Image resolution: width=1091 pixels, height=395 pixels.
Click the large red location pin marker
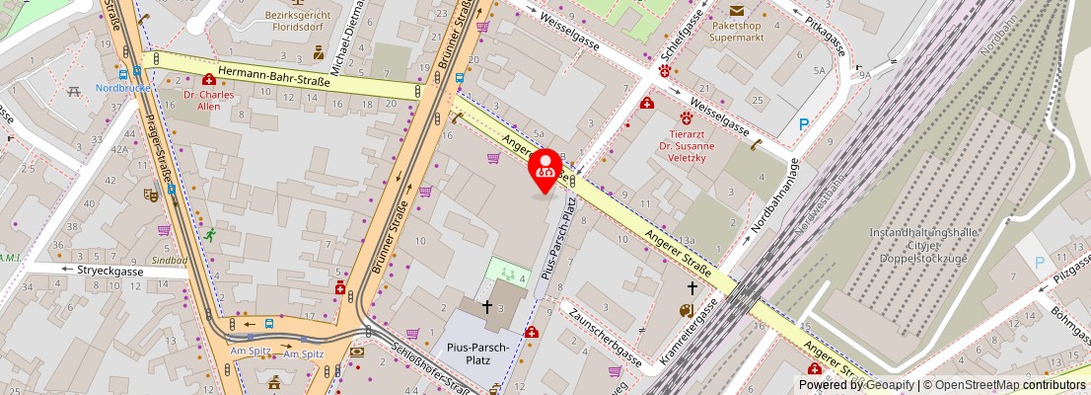[x=545, y=168]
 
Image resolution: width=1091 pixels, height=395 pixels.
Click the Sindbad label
[x=170, y=260]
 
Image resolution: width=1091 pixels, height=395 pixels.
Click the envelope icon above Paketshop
[x=738, y=11]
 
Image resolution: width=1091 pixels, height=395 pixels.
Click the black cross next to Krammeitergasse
[x=692, y=288]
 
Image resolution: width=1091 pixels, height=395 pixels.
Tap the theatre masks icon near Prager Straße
[x=151, y=196]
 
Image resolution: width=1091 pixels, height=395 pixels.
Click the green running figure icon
[x=210, y=235]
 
